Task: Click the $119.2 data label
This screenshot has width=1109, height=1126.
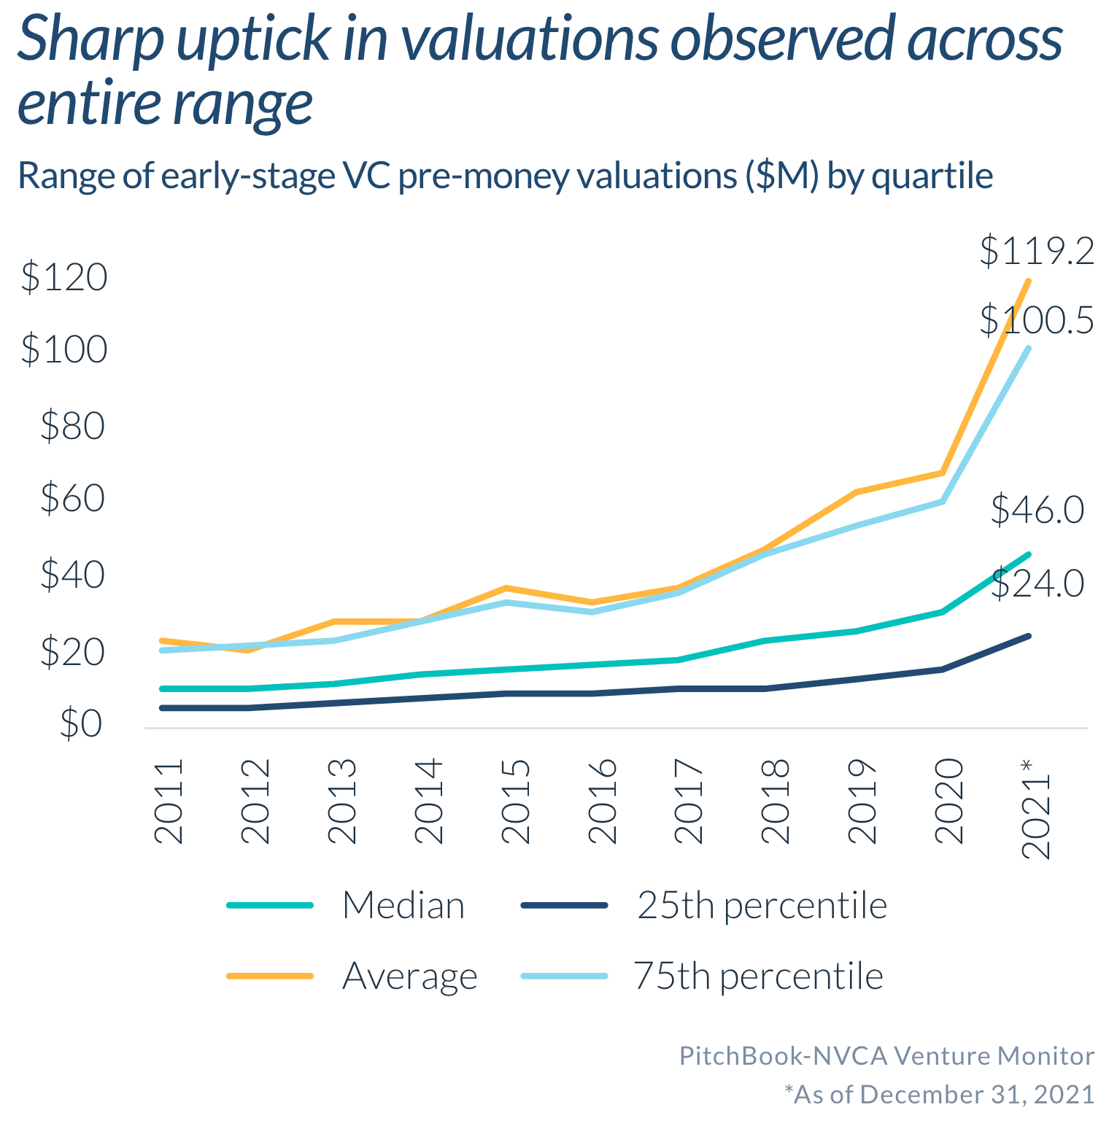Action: (1036, 252)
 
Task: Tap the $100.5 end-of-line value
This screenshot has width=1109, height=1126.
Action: (1036, 320)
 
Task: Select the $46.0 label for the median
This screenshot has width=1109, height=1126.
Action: (1037, 510)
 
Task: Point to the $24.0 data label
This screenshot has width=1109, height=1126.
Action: (1037, 583)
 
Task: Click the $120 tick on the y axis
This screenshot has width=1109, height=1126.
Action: (64, 278)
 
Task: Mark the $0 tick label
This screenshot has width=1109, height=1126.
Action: (81, 724)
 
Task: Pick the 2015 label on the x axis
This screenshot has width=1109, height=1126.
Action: (516, 801)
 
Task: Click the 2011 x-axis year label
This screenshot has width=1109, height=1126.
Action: (169, 801)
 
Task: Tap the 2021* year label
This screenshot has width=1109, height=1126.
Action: (1035, 808)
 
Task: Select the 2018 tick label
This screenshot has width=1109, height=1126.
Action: (776, 801)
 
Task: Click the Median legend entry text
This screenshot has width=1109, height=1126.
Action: (403, 906)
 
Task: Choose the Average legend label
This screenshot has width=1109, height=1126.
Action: (409, 976)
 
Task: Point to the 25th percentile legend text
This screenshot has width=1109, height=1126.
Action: (762, 906)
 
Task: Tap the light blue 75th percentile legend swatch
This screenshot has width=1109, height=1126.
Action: (564, 976)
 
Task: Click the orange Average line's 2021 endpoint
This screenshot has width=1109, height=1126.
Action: (1028, 281)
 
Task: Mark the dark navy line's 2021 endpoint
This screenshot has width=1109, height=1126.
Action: (1028, 636)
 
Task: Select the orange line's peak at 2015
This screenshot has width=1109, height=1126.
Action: (506, 588)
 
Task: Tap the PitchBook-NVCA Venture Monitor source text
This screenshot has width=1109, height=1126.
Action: (886, 1056)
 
